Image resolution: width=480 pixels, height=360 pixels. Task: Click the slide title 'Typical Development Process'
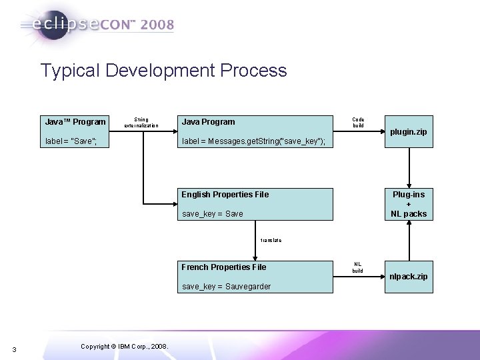point(163,71)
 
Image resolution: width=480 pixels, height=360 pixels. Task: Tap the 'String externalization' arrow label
point(141,122)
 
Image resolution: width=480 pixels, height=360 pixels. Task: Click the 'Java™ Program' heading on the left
point(75,122)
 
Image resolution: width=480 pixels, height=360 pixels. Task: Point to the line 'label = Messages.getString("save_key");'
point(253,141)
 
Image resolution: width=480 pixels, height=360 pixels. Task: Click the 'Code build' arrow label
point(358,122)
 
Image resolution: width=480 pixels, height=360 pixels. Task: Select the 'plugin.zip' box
point(408,132)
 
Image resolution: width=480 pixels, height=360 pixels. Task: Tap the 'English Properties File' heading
point(225,195)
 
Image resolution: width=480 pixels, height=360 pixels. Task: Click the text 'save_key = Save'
point(212,214)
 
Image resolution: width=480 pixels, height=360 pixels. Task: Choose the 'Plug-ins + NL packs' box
point(409,204)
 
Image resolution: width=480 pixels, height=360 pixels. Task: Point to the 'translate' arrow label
point(271,240)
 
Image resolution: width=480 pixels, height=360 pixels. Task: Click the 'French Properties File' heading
point(223,267)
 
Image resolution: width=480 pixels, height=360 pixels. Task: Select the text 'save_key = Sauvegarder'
point(226,287)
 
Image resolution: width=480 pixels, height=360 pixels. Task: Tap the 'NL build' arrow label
point(358,267)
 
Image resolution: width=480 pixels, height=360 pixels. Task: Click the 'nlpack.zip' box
point(409,276)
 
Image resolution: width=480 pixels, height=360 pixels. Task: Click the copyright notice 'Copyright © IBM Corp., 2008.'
point(123,345)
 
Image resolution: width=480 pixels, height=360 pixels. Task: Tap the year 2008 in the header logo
point(157,25)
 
